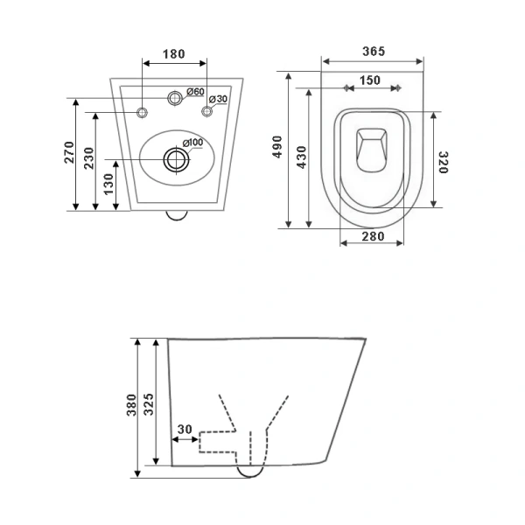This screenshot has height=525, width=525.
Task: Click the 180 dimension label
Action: (x=174, y=54)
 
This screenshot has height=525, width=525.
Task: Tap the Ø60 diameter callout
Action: (x=195, y=91)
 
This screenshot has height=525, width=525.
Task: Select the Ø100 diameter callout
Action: (x=192, y=143)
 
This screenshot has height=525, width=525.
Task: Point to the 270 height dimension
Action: (x=69, y=152)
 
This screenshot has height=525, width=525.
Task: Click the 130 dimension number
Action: (x=108, y=184)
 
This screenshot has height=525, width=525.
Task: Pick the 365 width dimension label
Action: (x=374, y=52)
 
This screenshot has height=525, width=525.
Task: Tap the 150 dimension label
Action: (x=370, y=80)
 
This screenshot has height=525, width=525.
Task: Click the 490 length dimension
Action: (x=277, y=147)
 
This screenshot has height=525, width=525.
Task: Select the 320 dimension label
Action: (x=443, y=163)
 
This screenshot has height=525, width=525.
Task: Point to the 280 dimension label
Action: (x=373, y=236)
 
